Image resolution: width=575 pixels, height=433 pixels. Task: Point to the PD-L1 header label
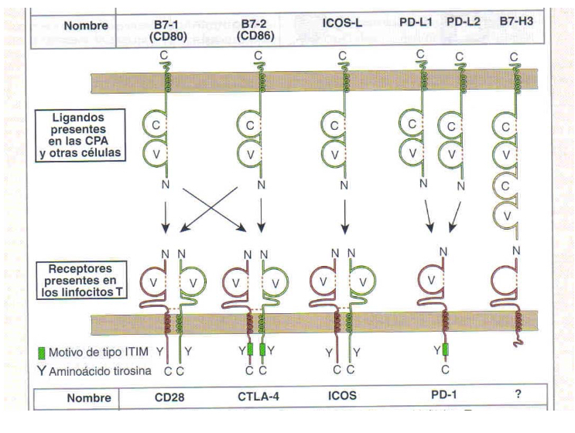click(424, 25)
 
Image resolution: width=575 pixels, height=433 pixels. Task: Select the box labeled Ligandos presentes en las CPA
click(76, 136)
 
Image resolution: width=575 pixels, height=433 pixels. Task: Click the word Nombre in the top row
click(75, 25)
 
